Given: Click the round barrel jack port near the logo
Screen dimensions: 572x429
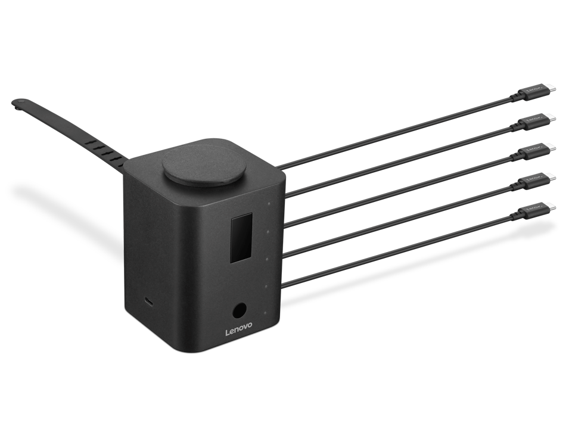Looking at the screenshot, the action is (239, 311).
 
